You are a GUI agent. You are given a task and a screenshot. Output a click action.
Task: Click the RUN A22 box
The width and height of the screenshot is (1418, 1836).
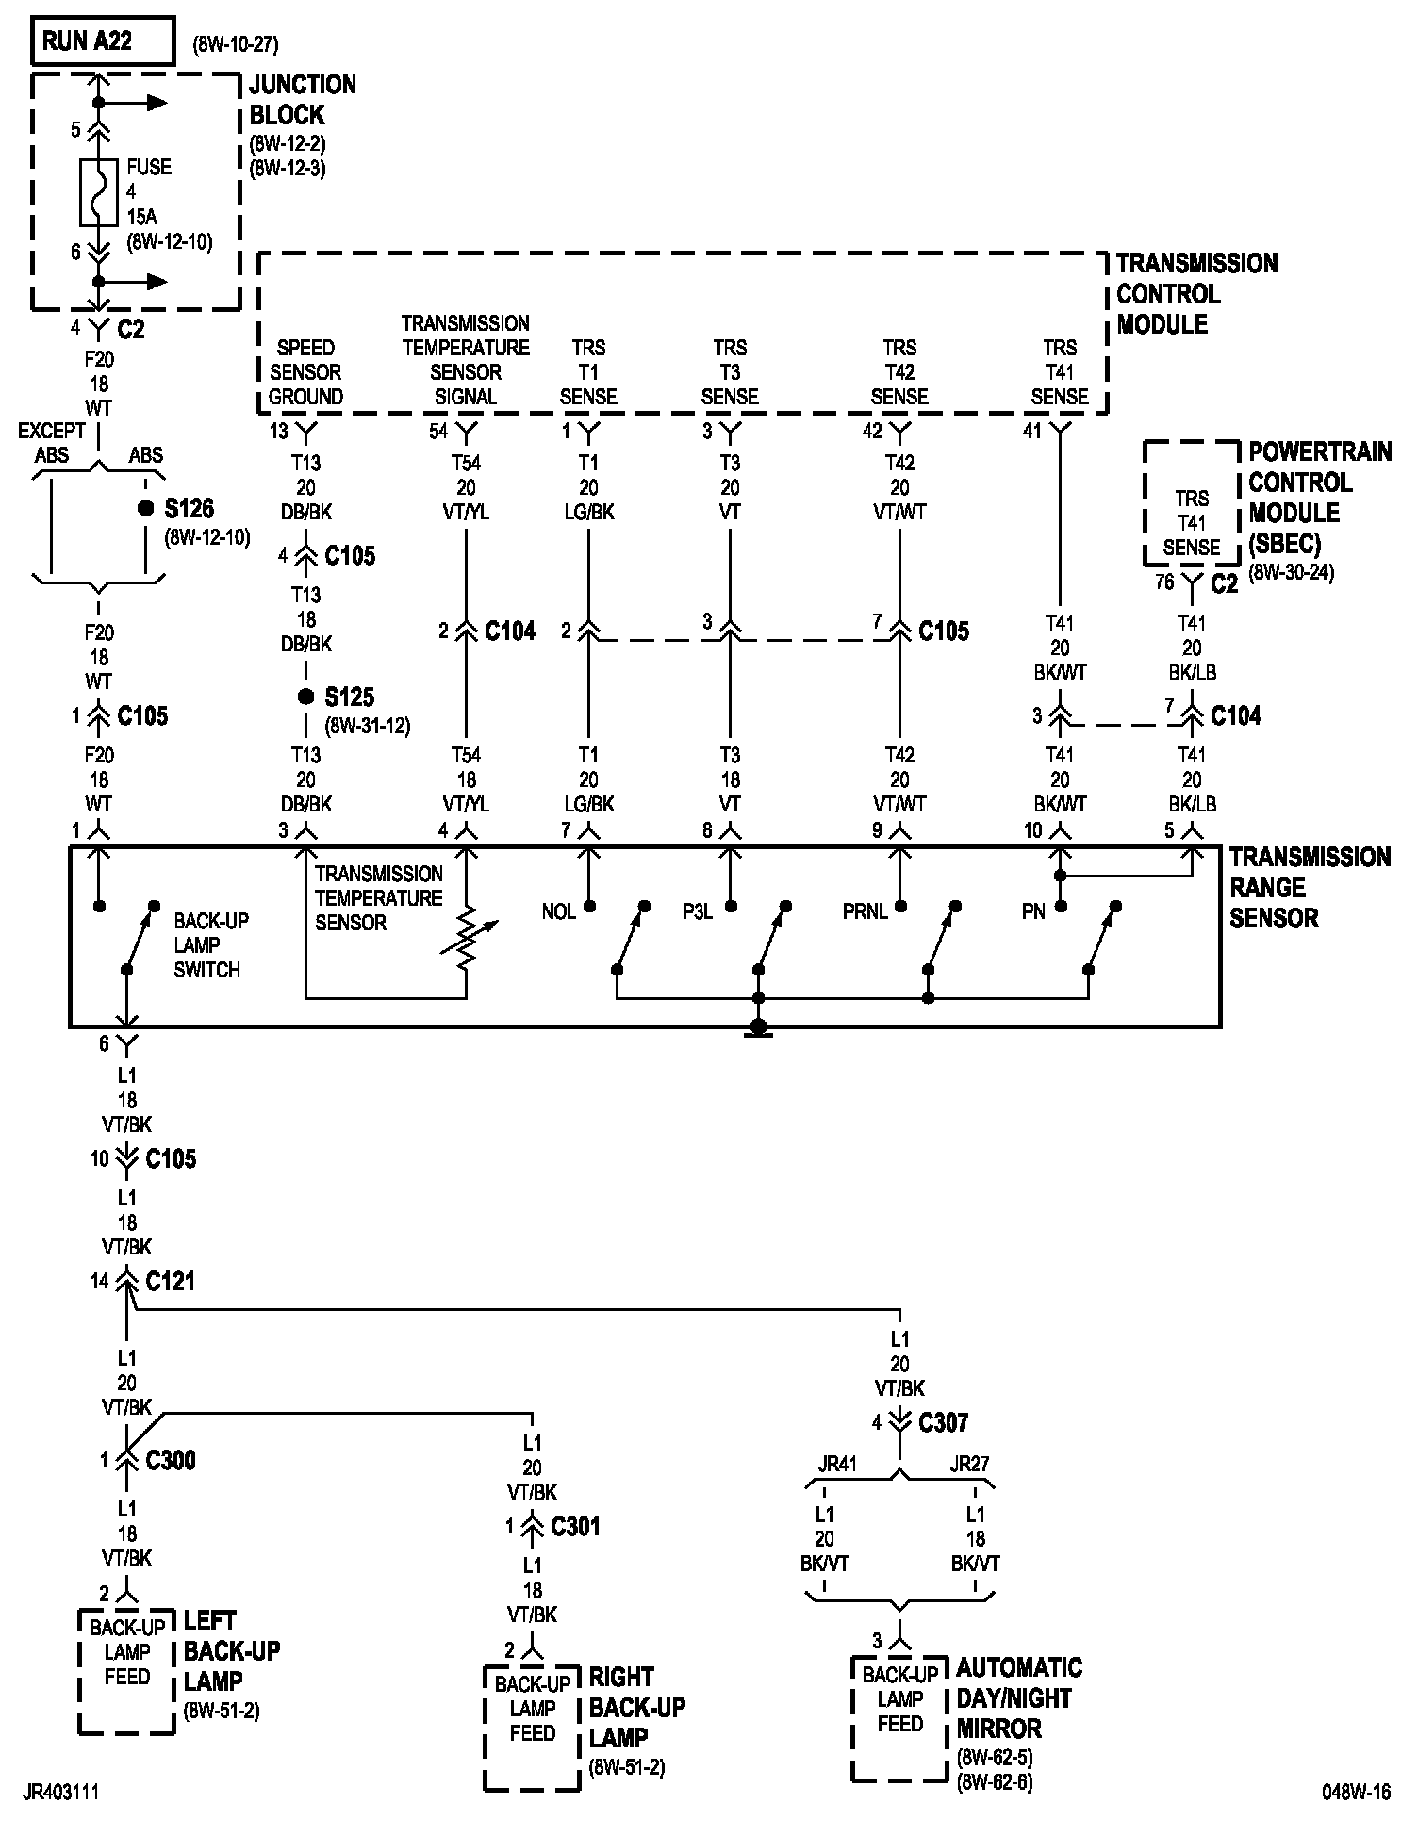point(103,41)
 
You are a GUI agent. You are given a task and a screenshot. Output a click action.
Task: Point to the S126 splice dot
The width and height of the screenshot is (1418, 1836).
point(145,508)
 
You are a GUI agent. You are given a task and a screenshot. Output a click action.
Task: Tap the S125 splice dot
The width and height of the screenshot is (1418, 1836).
point(305,697)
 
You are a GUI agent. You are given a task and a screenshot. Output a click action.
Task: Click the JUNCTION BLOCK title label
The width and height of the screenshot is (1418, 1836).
point(303,99)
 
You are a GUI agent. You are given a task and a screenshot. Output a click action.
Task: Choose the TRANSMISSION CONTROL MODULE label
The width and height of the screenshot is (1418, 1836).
point(1195,293)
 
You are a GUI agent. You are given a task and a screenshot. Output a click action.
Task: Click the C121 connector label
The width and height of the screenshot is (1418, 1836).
point(170,1281)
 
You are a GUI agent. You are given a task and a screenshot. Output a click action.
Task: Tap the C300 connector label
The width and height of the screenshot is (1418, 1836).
point(171,1460)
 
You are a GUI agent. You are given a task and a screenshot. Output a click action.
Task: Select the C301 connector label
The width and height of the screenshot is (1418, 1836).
point(575,1526)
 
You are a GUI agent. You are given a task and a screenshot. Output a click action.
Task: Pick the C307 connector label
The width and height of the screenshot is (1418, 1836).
point(943,1422)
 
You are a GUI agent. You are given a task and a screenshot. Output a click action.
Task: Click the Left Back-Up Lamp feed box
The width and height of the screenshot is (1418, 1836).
point(126,1671)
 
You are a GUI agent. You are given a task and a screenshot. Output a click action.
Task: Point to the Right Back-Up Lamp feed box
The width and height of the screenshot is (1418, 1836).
point(532,1728)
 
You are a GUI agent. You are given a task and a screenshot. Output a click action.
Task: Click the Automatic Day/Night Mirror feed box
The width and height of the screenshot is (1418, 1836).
point(899,1718)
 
